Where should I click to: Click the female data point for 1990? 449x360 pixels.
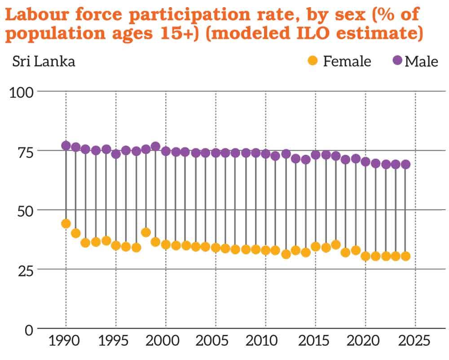click(x=66, y=224)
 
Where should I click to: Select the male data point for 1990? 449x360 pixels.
click(x=66, y=145)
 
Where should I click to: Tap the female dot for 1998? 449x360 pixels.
click(x=146, y=232)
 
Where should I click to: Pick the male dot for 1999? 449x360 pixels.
click(x=156, y=146)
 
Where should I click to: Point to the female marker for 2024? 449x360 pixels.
click(x=405, y=256)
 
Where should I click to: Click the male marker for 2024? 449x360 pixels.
click(x=405, y=164)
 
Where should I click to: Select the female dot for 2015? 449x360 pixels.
click(x=316, y=246)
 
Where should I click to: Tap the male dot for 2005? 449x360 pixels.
click(x=216, y=153)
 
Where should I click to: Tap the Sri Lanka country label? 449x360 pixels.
click(x=44, y=61)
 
